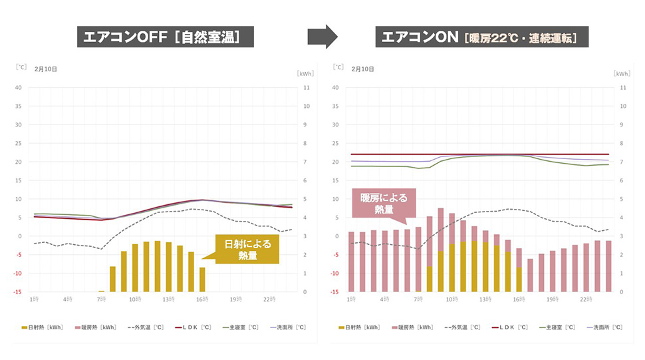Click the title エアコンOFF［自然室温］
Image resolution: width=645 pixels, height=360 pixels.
[166, 37]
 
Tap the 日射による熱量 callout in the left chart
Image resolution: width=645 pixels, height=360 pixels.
[247, 250]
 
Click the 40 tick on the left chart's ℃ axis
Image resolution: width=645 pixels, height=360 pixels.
[19, 87]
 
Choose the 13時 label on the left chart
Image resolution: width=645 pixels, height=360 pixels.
[169, 300]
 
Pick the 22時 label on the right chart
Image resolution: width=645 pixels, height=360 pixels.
[586, 300]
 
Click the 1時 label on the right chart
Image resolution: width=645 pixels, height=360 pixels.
[351, 300]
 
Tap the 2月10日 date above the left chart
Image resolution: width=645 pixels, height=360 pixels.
[46, 69]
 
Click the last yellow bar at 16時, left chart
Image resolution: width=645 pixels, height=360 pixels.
[202, 279]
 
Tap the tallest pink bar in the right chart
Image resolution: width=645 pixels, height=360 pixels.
[441, 250]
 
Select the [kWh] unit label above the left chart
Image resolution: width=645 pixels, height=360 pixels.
[305, 73]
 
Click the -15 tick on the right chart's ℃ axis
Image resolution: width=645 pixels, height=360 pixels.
[336, 292]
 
